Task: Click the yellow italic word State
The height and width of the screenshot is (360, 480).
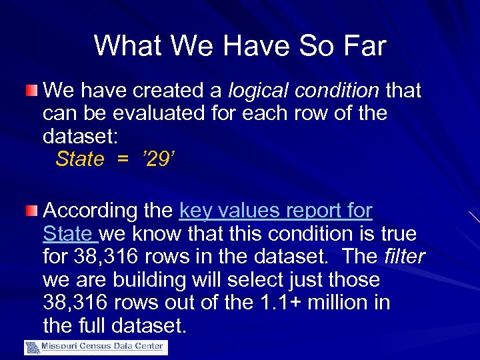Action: click(x=80, y=159)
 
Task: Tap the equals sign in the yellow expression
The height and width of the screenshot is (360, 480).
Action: click(x=122, y=159)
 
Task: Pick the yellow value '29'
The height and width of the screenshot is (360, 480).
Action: click(x=157, y=159)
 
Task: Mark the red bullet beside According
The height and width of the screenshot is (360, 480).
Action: click(x=31, y=211)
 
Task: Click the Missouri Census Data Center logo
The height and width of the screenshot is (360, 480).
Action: click(x=96, y=347)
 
